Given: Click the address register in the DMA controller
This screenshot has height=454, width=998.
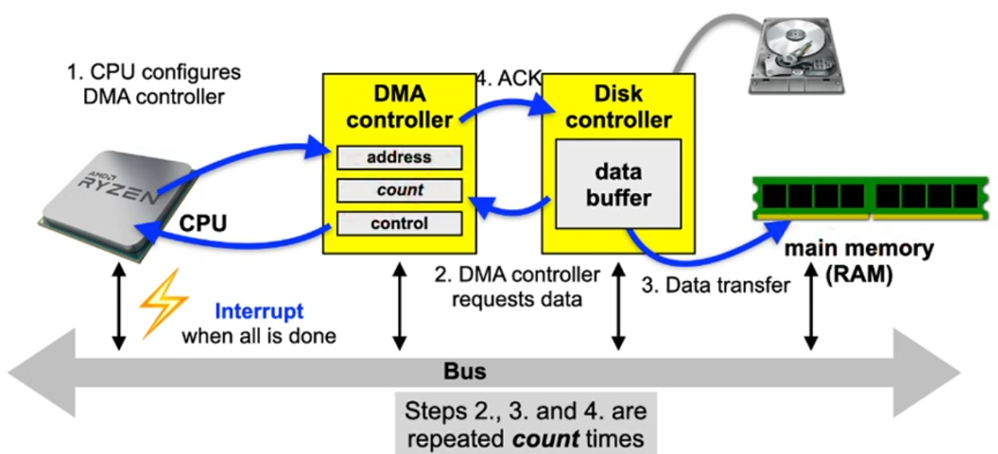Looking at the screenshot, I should tap(399, 158).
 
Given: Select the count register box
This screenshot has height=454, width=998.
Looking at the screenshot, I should tap(399, 191).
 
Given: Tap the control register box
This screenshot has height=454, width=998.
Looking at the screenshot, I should tap(399, 223).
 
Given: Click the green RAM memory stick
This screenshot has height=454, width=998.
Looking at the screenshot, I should tap(868, 197).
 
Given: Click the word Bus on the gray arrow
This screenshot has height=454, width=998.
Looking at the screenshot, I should tap(465, 372).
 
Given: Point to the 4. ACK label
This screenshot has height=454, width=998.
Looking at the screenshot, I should tap(509, 78).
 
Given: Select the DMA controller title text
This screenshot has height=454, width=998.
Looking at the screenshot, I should tap(399, 107).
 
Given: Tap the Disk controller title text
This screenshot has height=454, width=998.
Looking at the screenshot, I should tap(618, 107).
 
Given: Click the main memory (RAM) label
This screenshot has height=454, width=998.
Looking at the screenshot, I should tap(858, 261).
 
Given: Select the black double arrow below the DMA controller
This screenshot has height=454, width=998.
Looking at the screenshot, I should tap(398, 308).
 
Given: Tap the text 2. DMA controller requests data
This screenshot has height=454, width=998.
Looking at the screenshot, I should tap(517, 287).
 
